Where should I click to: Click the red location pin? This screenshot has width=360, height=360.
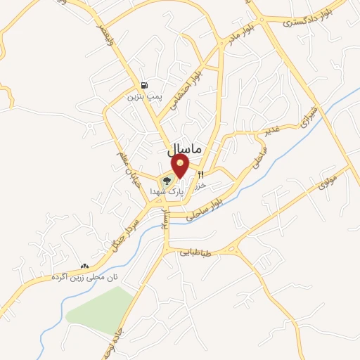coord(181,166)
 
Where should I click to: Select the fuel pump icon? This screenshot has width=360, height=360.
coord(144,84)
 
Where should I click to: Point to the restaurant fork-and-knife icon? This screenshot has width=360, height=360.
coord(201,174)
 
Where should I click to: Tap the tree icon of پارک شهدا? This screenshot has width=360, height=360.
coord(167,180)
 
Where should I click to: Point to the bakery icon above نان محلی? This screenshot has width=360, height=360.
coord(85,266)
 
